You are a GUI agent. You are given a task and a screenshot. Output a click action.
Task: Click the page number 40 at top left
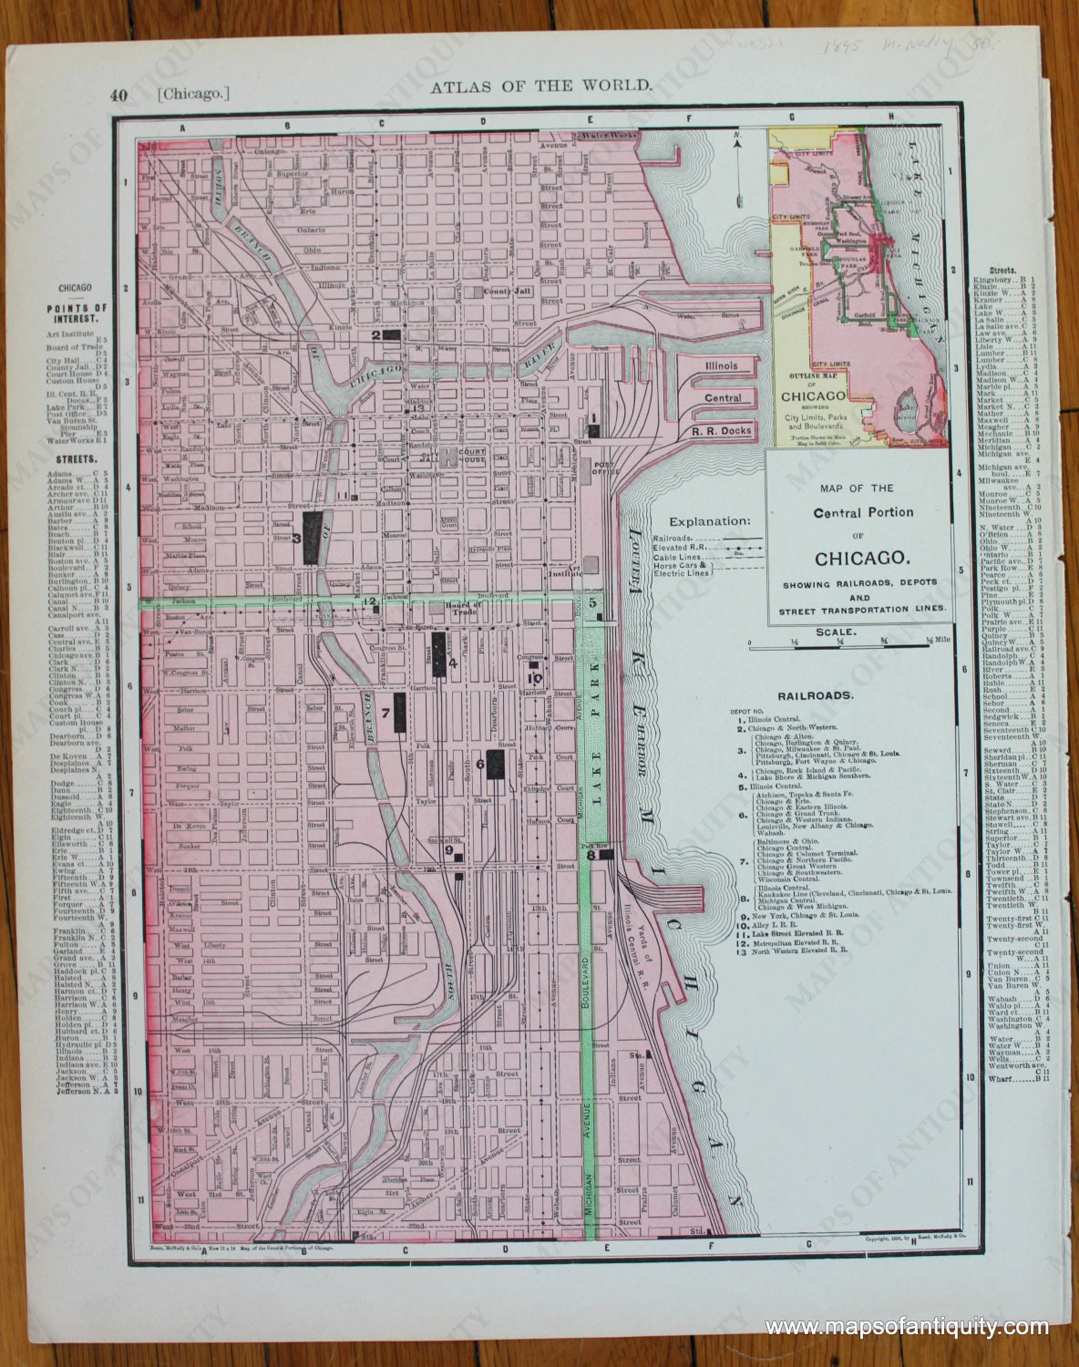point(118,95)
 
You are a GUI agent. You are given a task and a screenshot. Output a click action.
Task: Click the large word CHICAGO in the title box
point(862,559)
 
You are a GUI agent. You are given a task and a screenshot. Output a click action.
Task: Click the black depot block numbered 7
point(399,713)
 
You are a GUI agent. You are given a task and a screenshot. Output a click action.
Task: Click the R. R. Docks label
point(721,431)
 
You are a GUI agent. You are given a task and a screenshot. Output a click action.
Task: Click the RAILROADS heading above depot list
point(816,695)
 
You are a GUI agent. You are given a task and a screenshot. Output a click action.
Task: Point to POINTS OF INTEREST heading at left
point(77,313)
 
